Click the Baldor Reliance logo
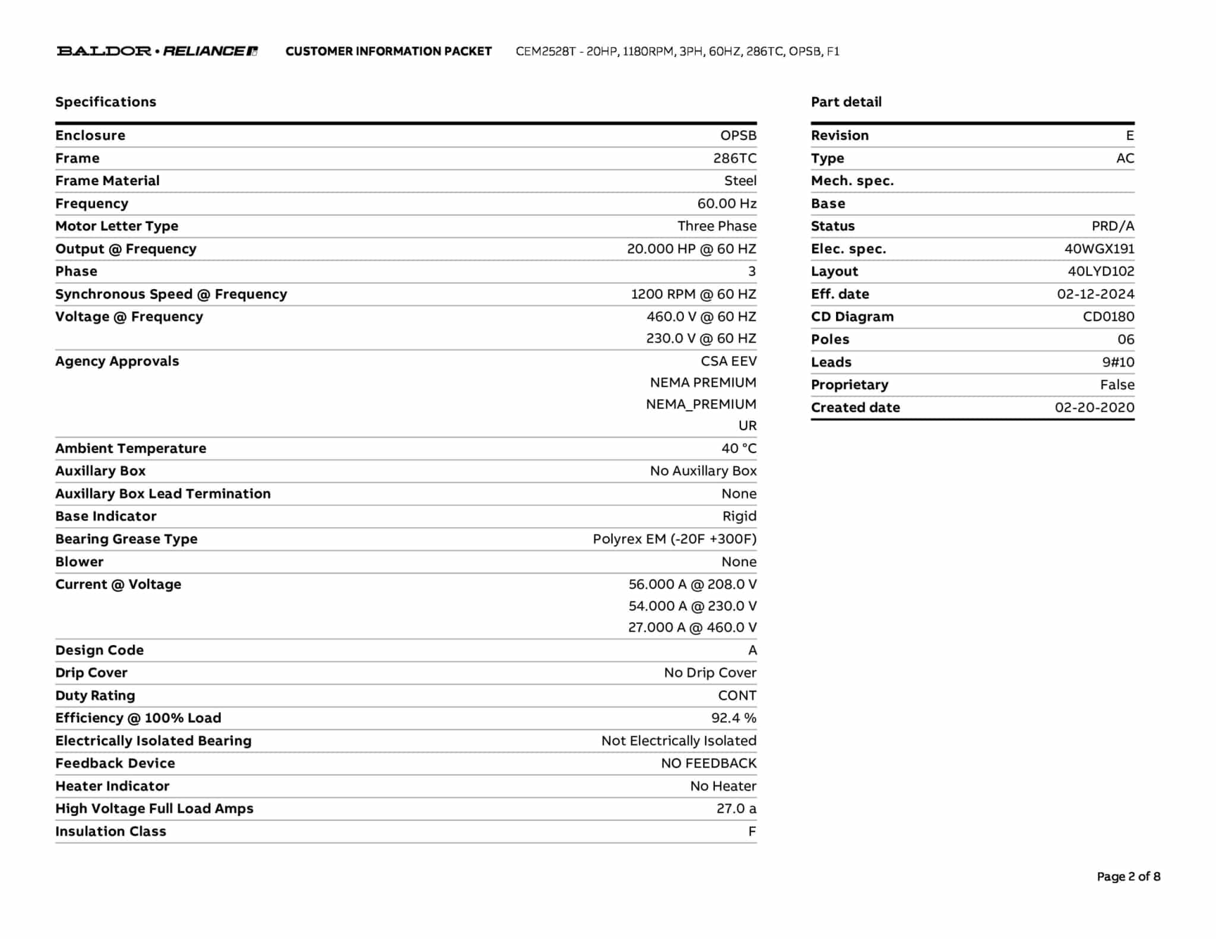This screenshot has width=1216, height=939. (x=157, y=51)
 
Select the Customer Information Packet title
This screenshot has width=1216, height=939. (x=388, y=51)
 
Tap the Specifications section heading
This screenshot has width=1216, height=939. (x=106, y=102)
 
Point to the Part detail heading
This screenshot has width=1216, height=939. (x=846, y=102)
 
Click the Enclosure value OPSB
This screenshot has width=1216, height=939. (x=738, y=135)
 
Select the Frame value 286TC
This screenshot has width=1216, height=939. (x=734, y=158)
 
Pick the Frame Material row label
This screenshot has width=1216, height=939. (x=107, y=181)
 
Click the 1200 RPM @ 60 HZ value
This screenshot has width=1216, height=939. (x=693, y=294)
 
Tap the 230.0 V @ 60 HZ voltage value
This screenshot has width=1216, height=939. (x=701, y=338)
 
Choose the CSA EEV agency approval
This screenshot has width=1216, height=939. (x=728, y=361)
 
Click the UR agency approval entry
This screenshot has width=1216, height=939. (x=747, y=426)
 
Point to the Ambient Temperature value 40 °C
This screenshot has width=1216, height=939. (x=739, y=449)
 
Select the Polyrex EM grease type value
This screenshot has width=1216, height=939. (x=674, y=539)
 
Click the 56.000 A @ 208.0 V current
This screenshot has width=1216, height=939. (x=692, y=585)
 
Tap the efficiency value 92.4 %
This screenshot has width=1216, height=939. (x=733, y=718)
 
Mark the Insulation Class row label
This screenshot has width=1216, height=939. (x=110, y=832)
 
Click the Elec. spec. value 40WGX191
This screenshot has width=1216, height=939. (x=1098, y=249)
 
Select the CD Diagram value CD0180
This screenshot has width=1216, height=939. (x=1108, y=317)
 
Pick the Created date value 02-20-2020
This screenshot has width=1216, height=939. (x=1094, y=408)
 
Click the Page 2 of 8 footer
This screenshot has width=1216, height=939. (x=1128, y=877)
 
